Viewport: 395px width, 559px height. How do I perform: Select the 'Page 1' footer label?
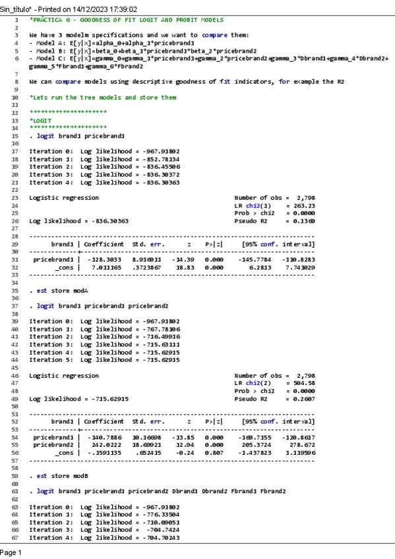click(x=11, y=552)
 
